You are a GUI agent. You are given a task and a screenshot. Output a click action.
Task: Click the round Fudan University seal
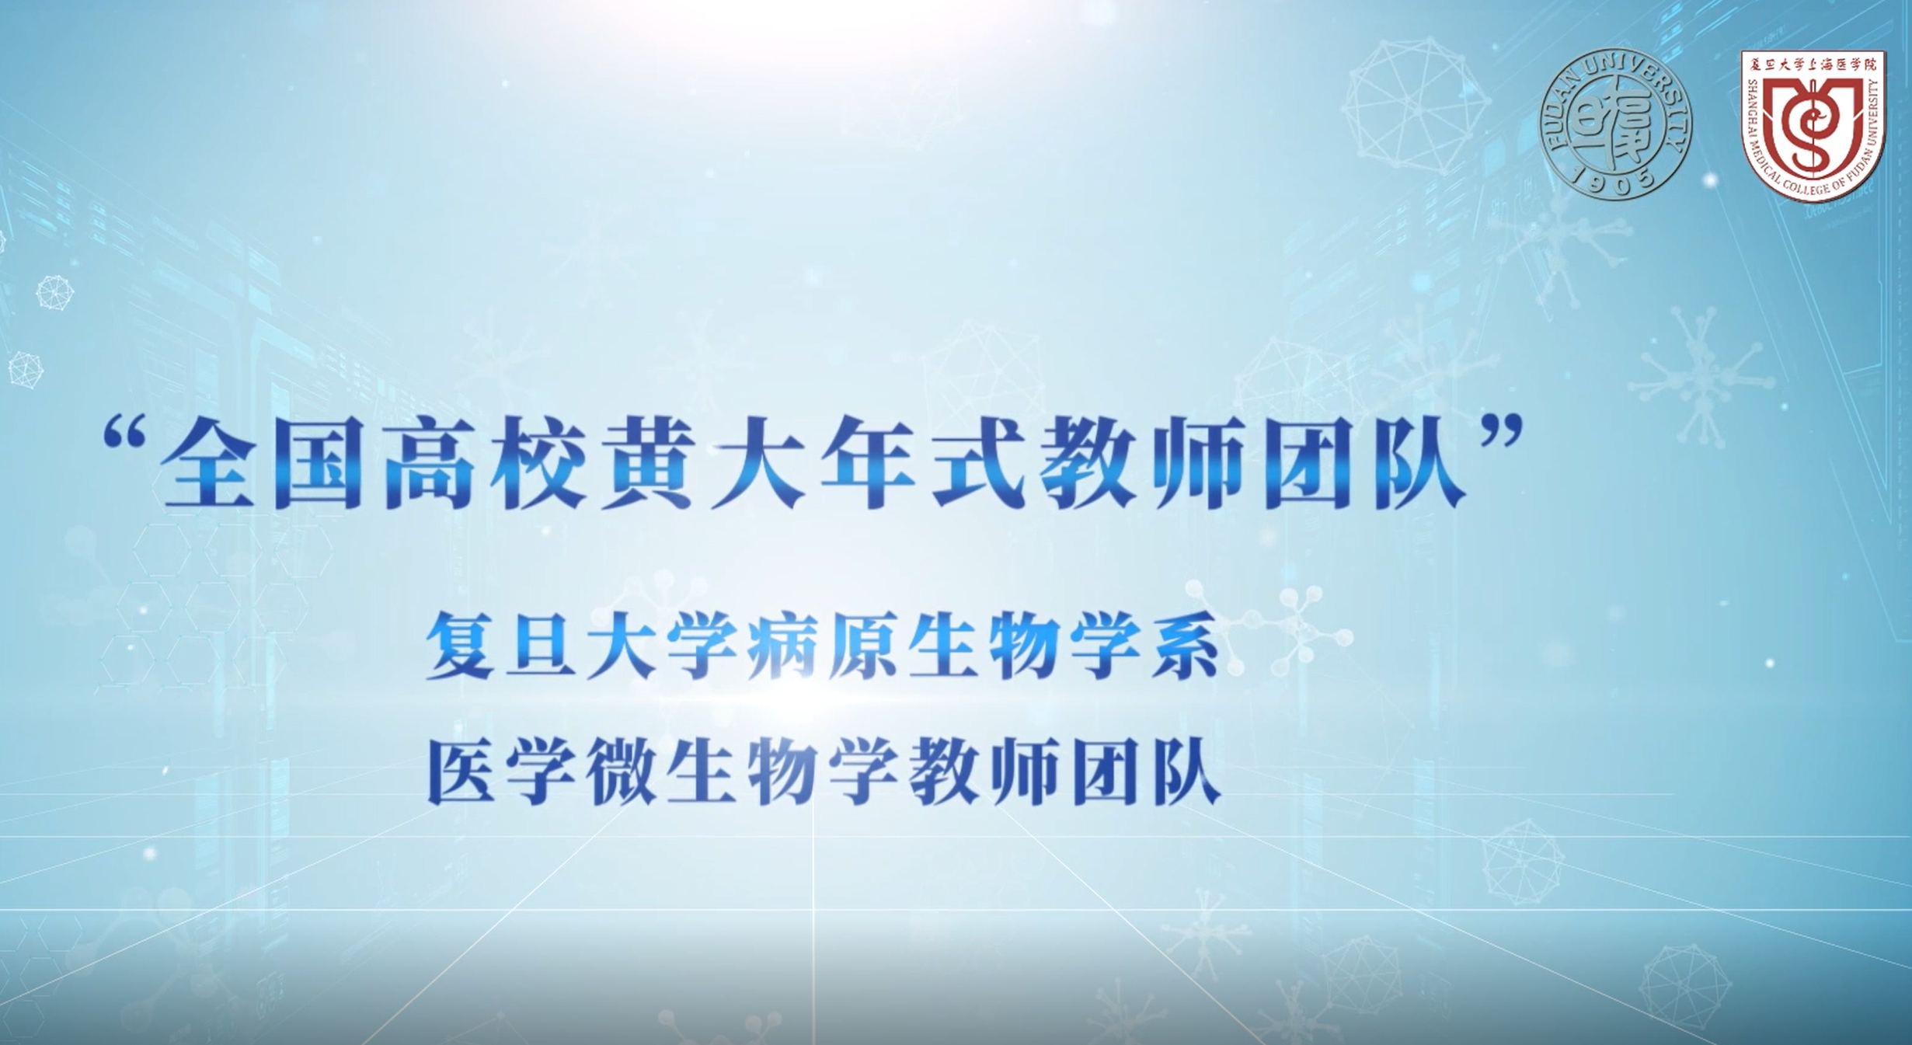pyautogui.click(x=1616, y=124)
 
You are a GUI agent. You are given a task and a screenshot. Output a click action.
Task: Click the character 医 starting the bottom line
pyautogui.click(x=461, y=771)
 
